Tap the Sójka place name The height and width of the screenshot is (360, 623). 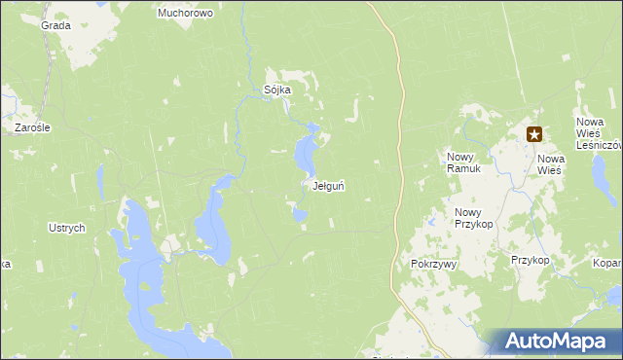coord(277,90)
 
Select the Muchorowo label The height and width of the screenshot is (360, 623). coord(185,14)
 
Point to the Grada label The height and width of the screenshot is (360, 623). coord(56,25)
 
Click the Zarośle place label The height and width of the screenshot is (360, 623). coord(32,127)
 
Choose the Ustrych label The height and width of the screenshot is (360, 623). coord(67,228)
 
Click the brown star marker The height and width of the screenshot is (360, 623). coord(534,135)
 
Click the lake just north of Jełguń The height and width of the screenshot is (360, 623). coord(306,151)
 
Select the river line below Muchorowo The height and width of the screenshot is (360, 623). coord(243,49)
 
